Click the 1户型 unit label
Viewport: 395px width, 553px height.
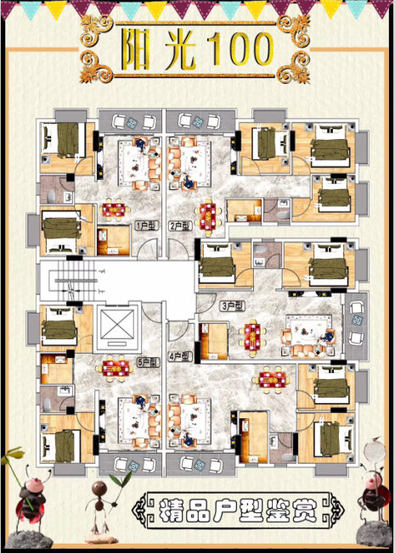(x=147, y=226)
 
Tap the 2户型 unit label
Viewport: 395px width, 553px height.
(x=181, y=226)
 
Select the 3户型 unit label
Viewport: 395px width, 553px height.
(x=233, y=306)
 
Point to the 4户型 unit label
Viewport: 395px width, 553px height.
(x=181, y=356)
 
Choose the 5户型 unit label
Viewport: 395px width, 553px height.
(x=149, y=362)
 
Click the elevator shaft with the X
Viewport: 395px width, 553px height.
(x=117, y=326)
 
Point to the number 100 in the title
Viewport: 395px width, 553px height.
(x=241, y=49)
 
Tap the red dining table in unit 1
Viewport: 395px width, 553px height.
(x=114, y=210)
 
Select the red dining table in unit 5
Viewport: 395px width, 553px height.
(x=116, y=369)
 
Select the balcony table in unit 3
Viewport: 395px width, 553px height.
(x=357, y=321)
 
